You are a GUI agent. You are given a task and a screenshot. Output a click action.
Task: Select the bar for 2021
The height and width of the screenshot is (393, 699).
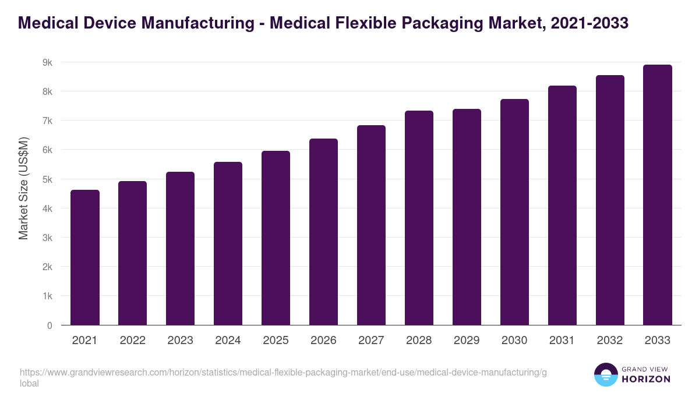click(85, 257)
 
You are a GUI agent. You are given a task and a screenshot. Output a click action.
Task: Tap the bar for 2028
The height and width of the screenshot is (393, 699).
click(419, 218)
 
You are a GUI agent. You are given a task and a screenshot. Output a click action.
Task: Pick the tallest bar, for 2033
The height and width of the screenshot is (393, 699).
click(658, 194)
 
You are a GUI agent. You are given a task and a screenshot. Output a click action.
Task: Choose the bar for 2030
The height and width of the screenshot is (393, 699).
click(514, 212)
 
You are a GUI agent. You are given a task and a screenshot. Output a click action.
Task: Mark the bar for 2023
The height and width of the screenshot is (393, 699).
click(180, 248)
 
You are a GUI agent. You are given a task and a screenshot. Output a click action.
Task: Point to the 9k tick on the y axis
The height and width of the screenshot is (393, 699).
click(47, 62)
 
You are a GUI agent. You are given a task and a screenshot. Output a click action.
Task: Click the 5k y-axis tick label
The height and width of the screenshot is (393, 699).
click(47, 179)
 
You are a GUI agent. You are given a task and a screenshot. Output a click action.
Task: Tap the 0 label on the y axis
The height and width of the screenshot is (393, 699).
click(50, 325)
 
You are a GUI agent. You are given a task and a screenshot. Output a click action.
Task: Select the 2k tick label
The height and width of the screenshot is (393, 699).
click(47, 267)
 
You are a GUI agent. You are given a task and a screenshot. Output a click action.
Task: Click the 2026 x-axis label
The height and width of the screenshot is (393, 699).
click(323, 341)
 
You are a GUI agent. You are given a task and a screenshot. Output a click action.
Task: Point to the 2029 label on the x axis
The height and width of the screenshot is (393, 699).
click(467, 341)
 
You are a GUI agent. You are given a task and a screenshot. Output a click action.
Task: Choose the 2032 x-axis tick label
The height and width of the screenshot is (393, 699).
click(610, 341)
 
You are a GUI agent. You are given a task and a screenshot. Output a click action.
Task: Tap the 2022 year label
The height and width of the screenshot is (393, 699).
click(132, 341)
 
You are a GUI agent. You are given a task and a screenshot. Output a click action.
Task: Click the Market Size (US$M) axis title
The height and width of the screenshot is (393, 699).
click(23, 187)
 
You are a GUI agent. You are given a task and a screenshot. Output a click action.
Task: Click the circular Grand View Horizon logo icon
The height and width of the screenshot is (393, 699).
click(606, 374)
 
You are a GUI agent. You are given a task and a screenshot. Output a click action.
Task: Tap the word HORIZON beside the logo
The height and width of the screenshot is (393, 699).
click(647, 379)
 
